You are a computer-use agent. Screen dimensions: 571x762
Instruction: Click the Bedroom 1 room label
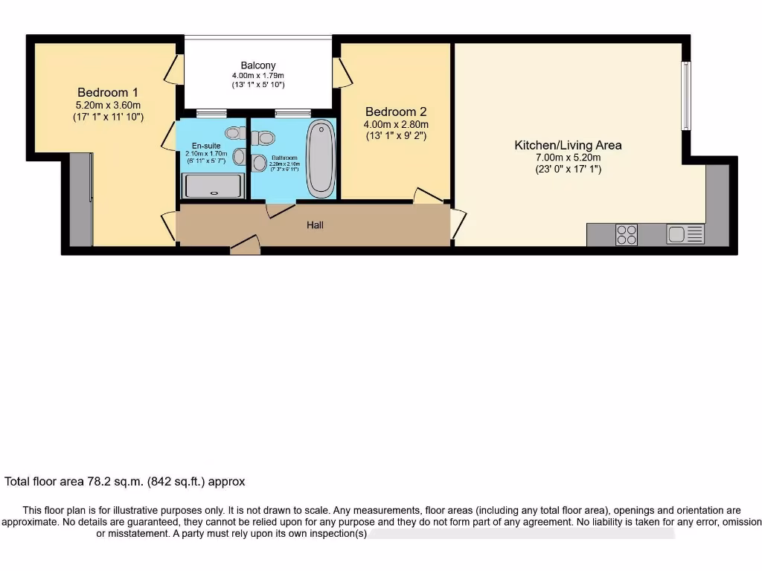click(x=108, y=92)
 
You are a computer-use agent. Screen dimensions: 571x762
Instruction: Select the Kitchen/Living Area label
click(x=568, y=145)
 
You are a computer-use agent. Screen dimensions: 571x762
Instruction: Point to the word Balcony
click(x=257, y=65)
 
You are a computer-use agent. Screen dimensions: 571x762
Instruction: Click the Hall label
click(x=316, y=225)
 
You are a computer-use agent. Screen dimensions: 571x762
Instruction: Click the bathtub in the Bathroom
click(x=321, y=157)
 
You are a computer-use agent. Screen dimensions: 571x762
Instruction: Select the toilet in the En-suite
click(x=235, y=133)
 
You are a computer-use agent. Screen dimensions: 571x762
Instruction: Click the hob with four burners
click(x=627, y=235)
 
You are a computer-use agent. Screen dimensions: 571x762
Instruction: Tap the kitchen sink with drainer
click(x=685, y=235)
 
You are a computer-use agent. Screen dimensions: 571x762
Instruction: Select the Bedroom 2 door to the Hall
click(x=428, y=196)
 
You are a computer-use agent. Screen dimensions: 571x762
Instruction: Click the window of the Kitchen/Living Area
click(x=686, y=96)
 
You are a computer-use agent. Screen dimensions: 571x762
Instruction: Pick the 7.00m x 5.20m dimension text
click(x=568, y=158)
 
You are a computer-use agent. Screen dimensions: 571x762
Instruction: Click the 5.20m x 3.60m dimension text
click(x=108, y=105)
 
